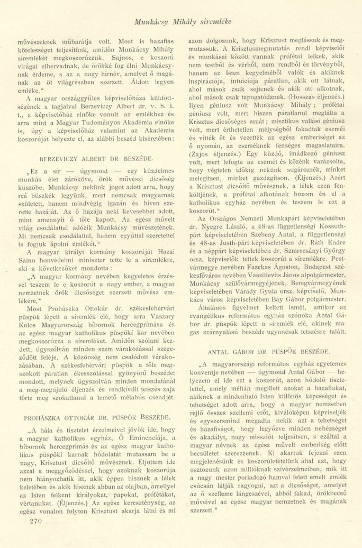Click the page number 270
pyautogui.click(x=33, y=535)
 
